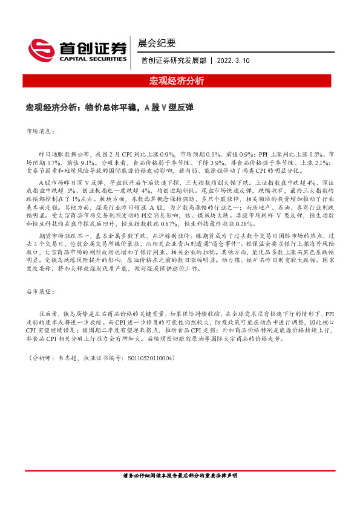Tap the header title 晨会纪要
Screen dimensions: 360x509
tap(157, 43)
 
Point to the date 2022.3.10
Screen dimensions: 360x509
tap(232, 60)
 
